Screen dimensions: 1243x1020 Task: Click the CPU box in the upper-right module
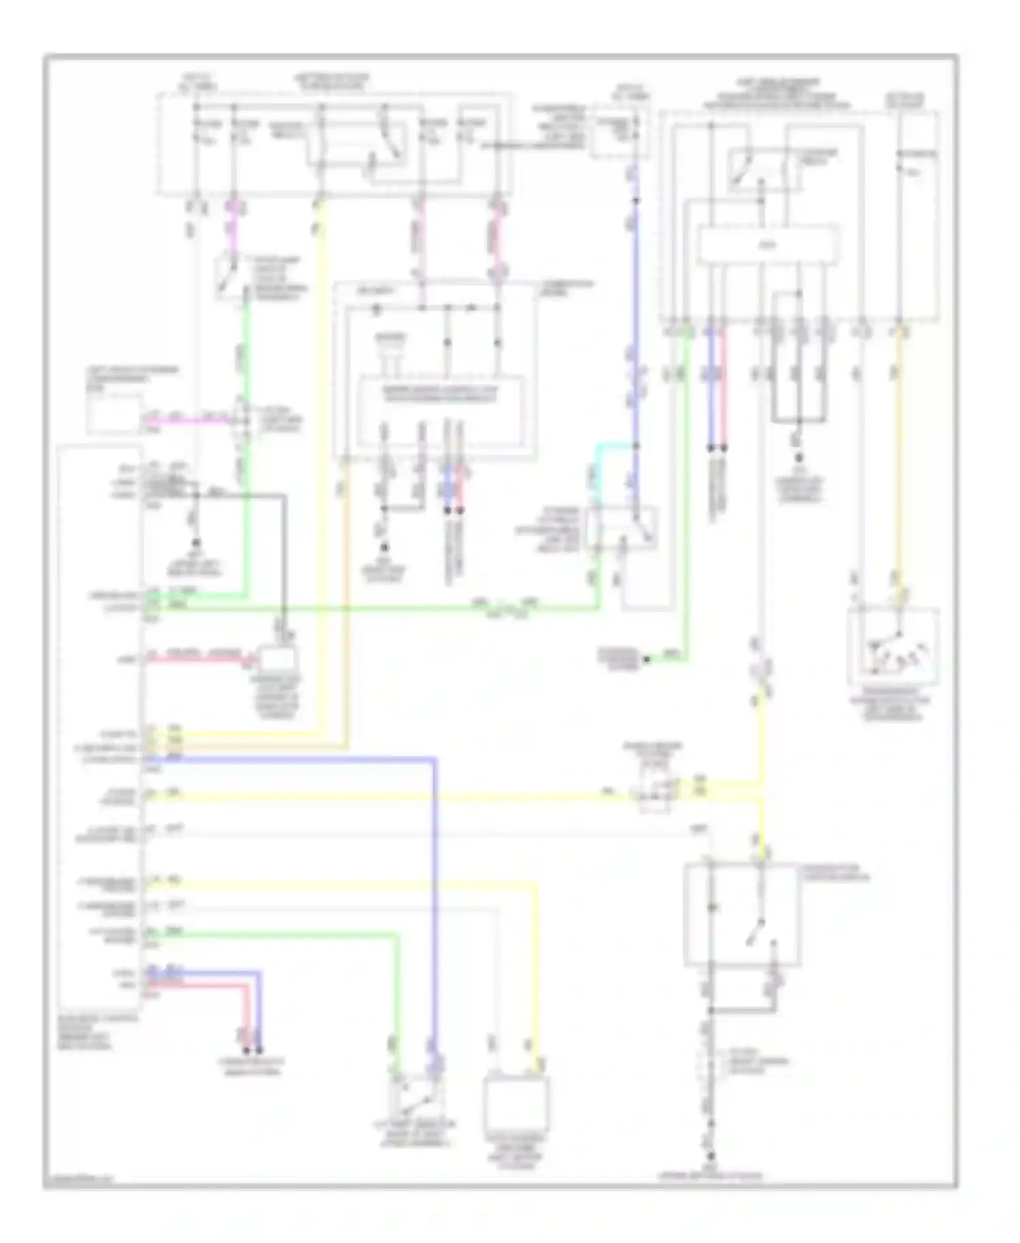click(x=768, y=245)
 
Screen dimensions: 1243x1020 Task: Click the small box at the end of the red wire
click(x=278, y=659)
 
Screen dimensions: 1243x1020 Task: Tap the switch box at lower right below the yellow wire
click(x=742, y=915)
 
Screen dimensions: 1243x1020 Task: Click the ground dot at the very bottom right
click(x=712, y=1157)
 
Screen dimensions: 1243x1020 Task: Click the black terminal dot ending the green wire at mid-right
click(x=646, y=659)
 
